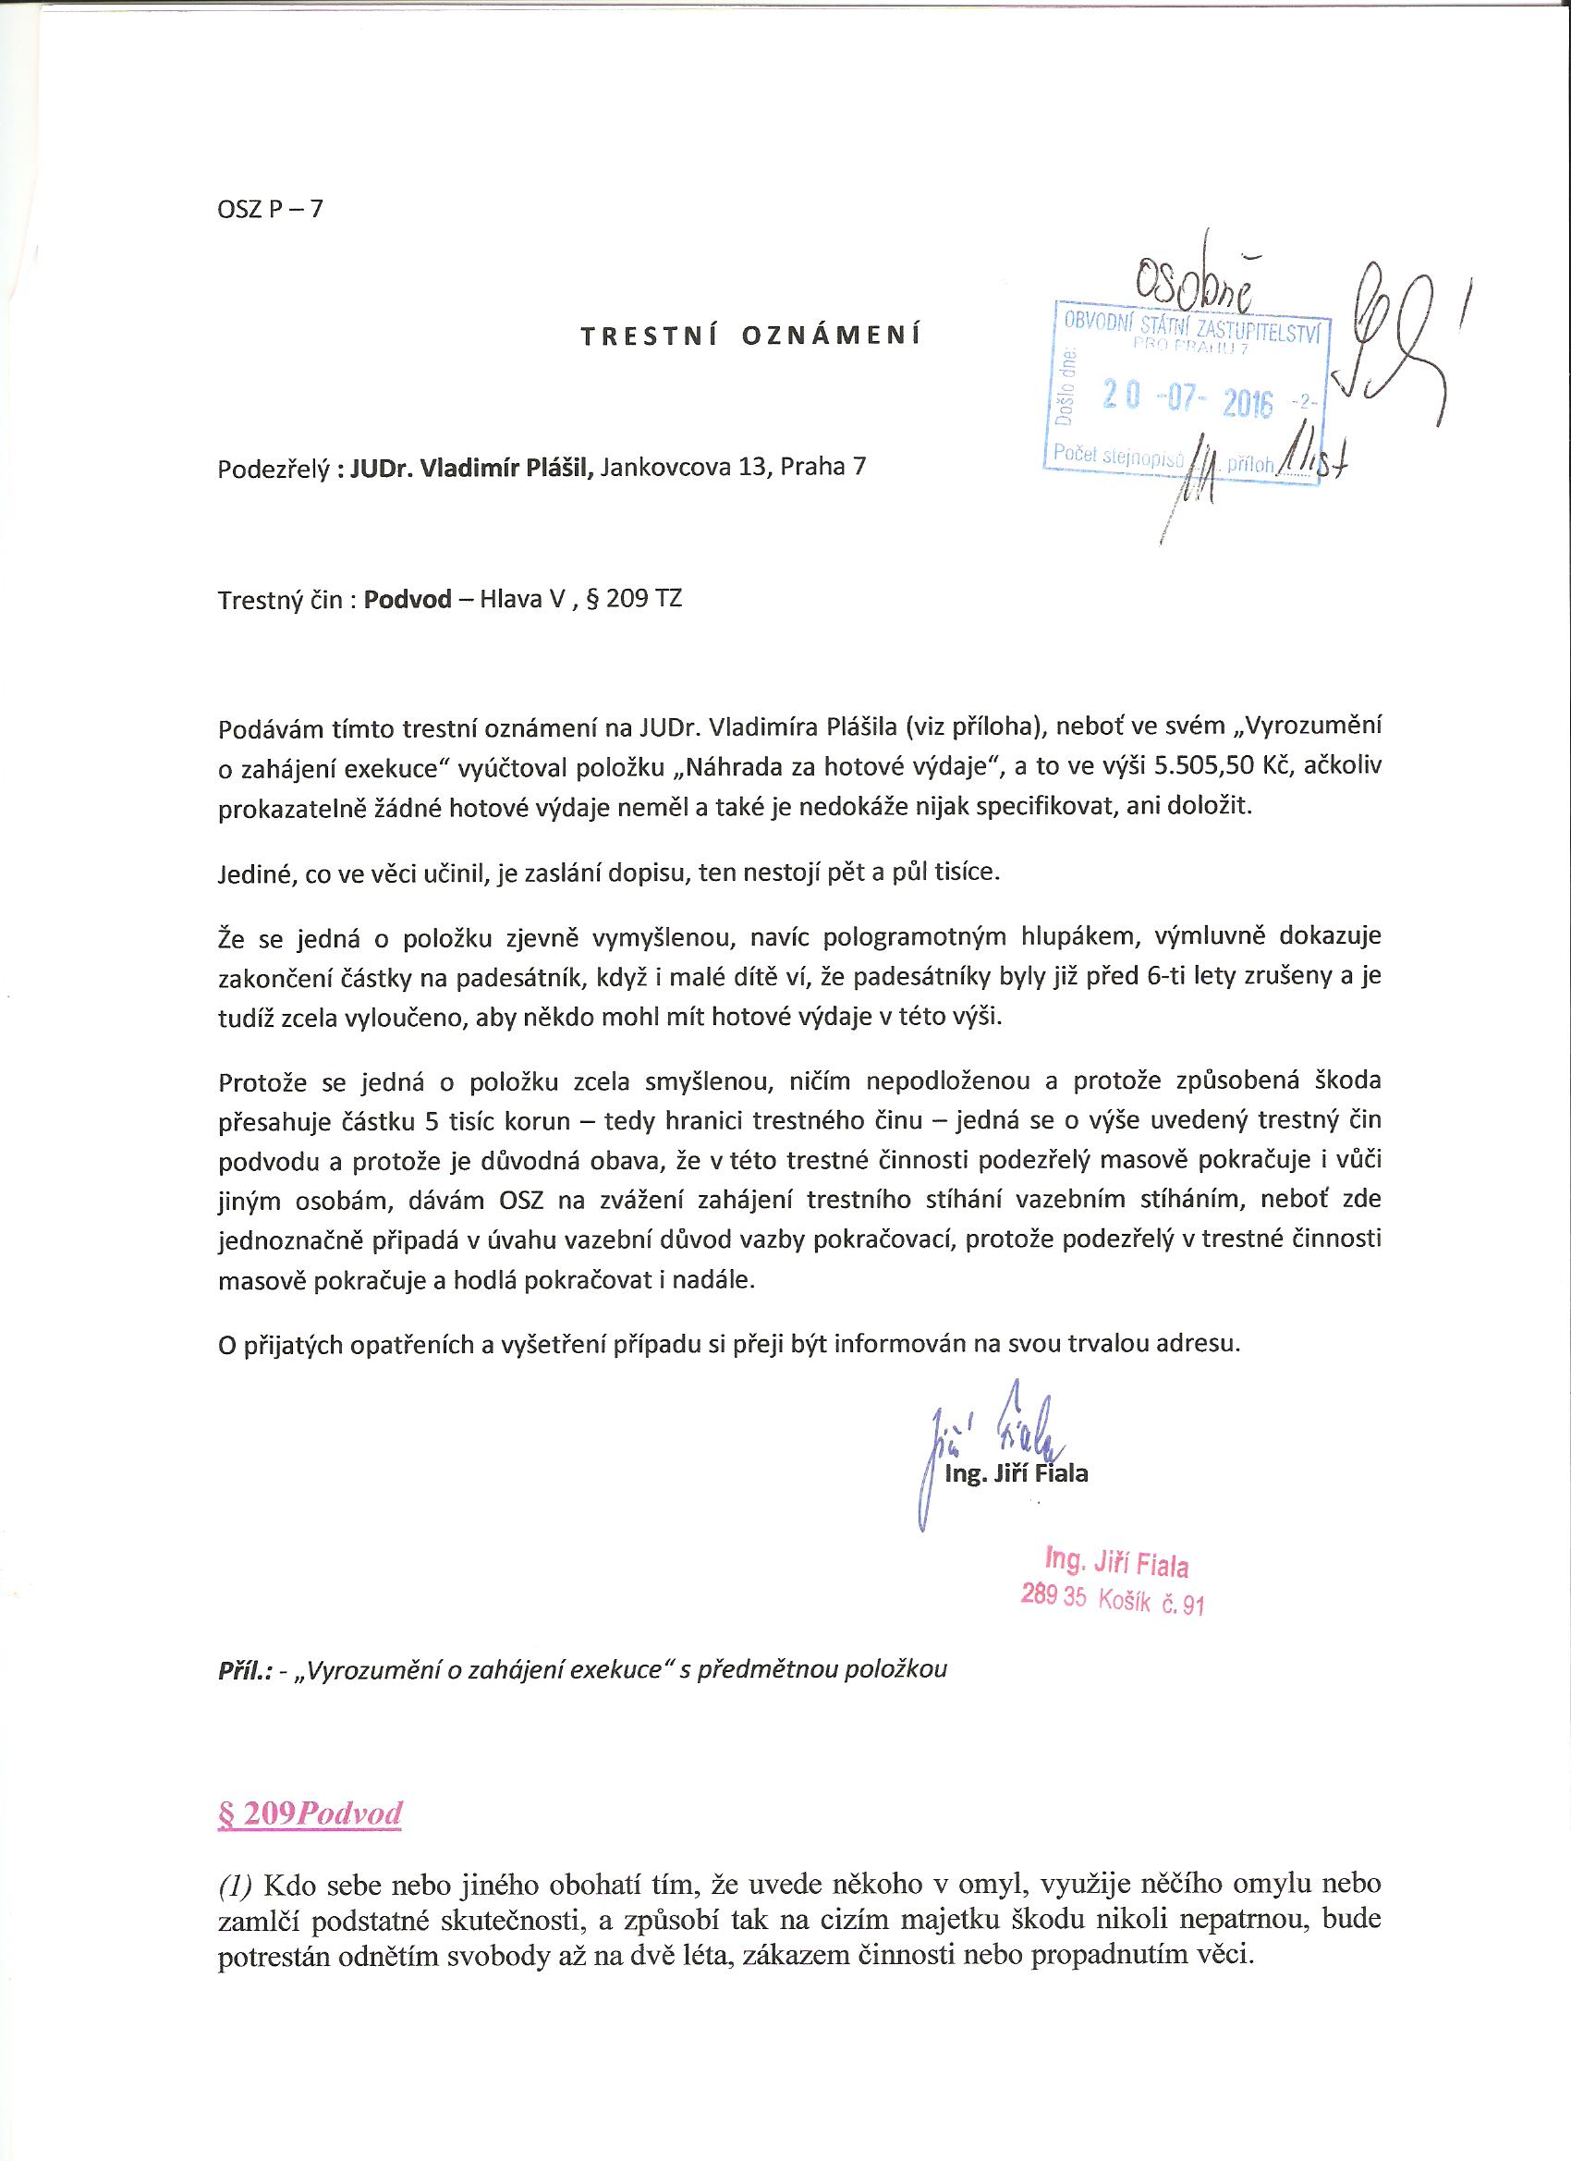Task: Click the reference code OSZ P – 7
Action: coord(271,209)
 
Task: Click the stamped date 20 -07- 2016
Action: coord(1187,399)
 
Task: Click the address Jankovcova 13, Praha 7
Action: coord(734,468)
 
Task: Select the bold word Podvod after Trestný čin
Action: coord(408,600)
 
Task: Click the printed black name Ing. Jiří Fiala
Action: coord(1016,1474)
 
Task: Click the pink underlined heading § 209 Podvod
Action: coord(310,1813)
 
